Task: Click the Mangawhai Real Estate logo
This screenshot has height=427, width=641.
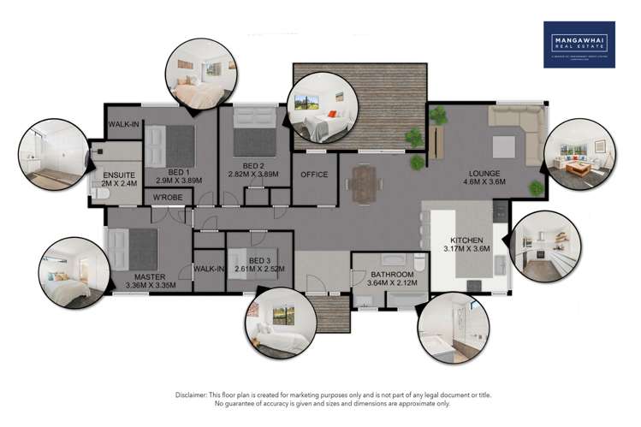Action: pos(579,44)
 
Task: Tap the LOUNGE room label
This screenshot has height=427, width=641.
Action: pos(485,176)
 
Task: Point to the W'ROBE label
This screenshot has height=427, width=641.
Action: pos(167,199)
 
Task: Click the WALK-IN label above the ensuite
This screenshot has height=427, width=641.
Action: pos(124,125)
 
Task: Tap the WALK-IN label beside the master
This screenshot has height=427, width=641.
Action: pos(209,268)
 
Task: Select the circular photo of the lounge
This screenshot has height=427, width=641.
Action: pos(579,155)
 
